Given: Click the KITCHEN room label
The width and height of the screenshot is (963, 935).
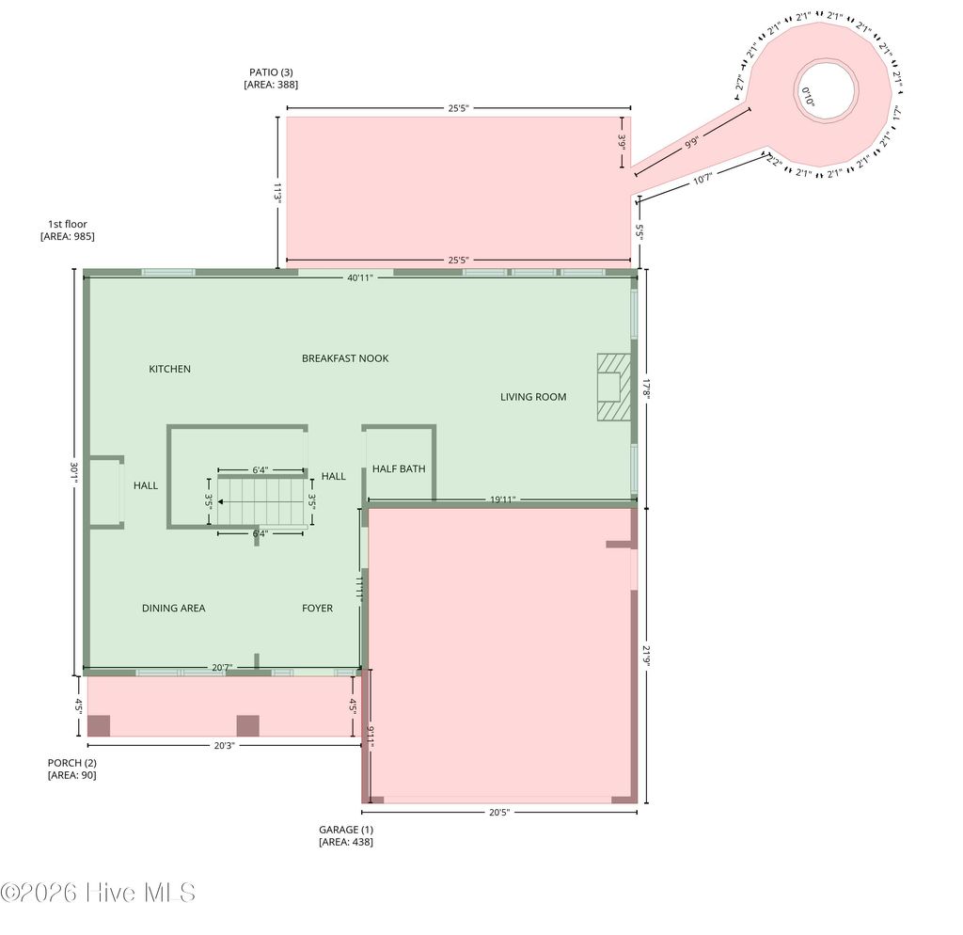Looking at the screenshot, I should click(169, 369).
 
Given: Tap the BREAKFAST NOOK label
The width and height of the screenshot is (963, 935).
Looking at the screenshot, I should click(345, 358).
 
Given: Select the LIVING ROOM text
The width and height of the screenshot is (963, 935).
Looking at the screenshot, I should click(533, 397).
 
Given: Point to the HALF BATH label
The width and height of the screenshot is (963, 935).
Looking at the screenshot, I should click(399, 468).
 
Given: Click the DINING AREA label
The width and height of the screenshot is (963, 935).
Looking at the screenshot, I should click(173, 609).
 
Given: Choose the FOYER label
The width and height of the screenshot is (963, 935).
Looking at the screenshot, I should click(317, 609).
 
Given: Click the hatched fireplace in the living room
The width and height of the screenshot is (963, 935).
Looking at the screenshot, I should click(613, 387).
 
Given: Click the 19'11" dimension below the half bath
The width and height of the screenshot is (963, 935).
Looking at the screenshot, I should click(501, 500).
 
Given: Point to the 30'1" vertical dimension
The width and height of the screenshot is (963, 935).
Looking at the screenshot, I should click(74, 471).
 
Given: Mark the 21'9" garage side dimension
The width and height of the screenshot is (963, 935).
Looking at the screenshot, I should click(646, 655).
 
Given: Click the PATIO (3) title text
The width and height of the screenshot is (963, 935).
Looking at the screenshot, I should click(271, 72).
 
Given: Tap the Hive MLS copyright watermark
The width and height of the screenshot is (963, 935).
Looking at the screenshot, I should click(98, 892).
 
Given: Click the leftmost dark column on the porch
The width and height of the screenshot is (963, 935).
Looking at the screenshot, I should click(99, 725).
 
